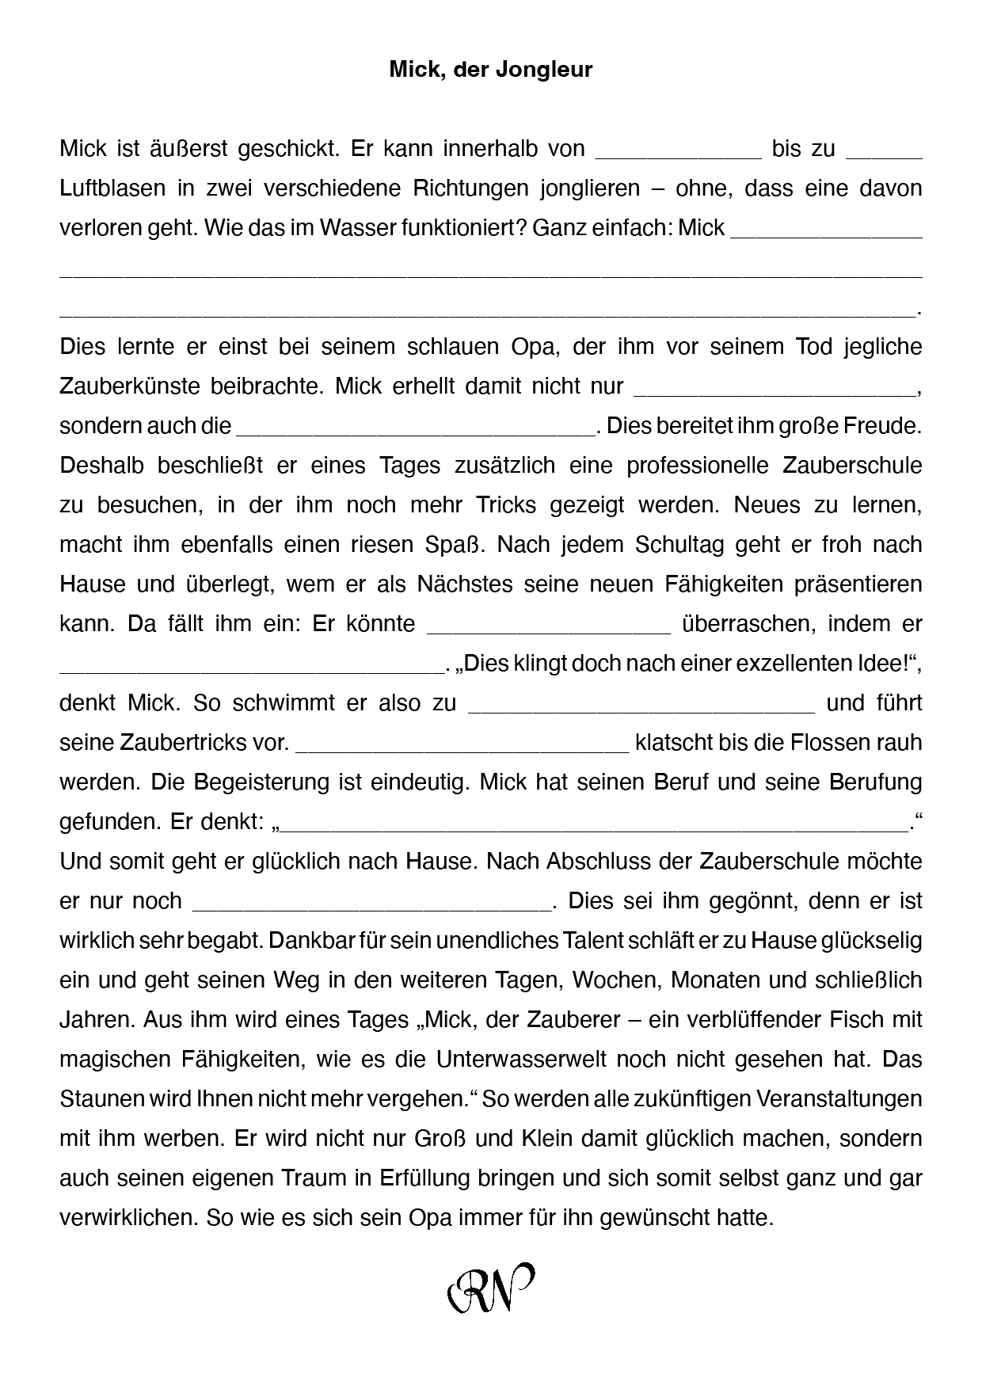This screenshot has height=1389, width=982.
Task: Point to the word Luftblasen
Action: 112,188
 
